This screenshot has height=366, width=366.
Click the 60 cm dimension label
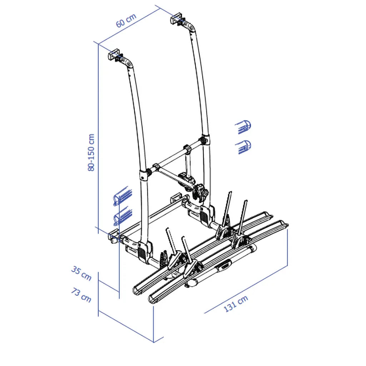click(126, 20)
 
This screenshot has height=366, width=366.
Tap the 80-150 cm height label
click(91, 152)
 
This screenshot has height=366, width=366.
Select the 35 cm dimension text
click(81, 273)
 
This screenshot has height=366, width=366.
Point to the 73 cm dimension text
click(81, 295)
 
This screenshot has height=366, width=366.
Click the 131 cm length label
click(236, 303)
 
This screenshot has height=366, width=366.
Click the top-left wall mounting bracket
click(114, 55)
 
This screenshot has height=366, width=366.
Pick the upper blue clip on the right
click(243, 127)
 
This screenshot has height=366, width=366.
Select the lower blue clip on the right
click(243, 147)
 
